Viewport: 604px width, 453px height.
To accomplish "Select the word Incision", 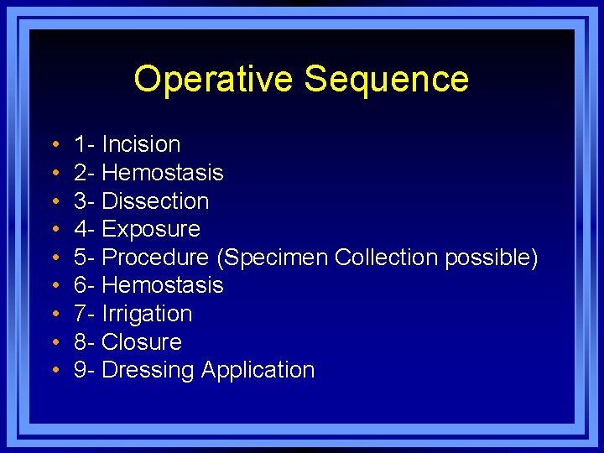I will click(x=141, y=144).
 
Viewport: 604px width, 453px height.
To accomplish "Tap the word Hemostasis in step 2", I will click(x=162, y=173).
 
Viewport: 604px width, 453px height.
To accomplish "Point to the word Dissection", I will click(x=155, y=201).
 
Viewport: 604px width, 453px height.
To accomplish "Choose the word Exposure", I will click(x=151, y=230).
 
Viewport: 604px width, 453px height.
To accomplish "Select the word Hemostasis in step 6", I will click(x=162, y=285).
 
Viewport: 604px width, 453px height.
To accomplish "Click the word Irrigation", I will click(x=147, y=314).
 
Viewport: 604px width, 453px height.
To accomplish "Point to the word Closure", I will click(x=141, y=342).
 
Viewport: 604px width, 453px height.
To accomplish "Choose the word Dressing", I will click(x=148, y=371).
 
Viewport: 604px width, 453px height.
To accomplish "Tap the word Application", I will click(x=258, y=371).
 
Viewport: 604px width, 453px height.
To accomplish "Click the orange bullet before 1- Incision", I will click(x=54, y=145).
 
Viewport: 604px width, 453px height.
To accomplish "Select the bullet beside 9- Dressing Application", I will click(x=54, y=371).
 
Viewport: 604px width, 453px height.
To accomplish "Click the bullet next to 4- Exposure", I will click(x=54, y=230).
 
